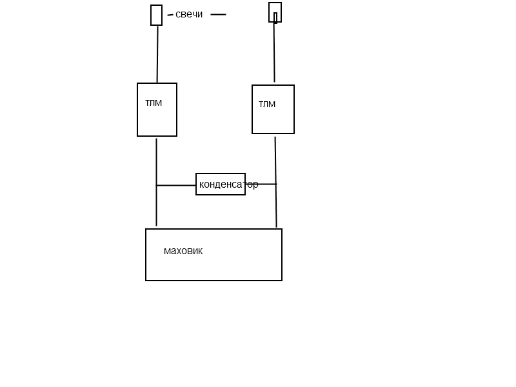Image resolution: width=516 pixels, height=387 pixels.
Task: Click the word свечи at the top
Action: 189,14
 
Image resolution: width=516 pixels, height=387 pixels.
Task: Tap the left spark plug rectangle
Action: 156,15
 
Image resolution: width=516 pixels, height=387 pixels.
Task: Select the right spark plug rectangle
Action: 275,12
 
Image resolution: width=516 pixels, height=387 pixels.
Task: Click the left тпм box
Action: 157,119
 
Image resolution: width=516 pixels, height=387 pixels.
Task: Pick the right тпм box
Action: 273,119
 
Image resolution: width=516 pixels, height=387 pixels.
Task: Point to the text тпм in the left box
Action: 154,103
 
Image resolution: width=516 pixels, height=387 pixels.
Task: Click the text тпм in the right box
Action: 267,104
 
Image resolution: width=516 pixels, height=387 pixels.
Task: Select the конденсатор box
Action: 221,184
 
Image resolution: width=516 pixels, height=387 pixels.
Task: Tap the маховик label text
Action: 183,251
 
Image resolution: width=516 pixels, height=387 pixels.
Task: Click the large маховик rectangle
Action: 213,264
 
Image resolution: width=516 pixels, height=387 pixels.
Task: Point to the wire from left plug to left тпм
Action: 157,54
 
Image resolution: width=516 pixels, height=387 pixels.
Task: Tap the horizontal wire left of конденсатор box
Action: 176,185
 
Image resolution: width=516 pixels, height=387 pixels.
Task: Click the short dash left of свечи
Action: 170,14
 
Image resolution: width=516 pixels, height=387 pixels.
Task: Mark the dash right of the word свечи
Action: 218,14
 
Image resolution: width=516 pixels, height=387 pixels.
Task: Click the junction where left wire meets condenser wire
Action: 156,185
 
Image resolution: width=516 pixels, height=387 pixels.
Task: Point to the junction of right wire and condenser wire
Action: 276,184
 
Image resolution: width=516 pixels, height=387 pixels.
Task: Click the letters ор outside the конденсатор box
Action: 252,184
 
